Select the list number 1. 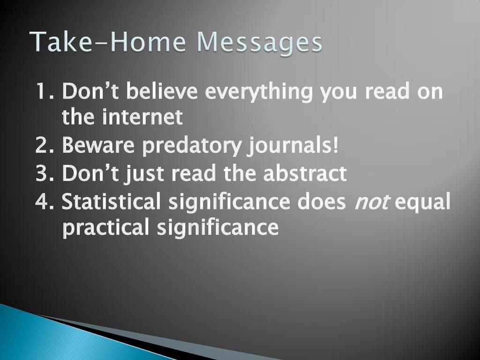(45, 91)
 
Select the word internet (142, 117)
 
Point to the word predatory (192, 146)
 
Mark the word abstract (305, 173)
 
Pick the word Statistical (111, 201)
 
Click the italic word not (372, 202)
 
